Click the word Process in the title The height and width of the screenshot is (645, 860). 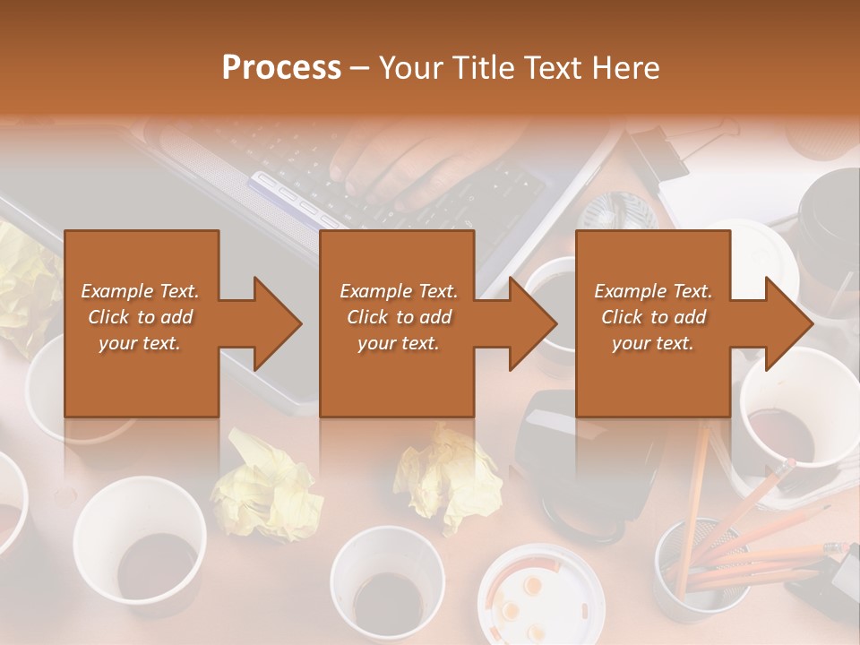[281, 68]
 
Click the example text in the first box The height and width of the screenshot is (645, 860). [140, 317]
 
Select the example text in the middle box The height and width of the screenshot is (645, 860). [398, 317]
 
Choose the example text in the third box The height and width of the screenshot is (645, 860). [652, 317]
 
